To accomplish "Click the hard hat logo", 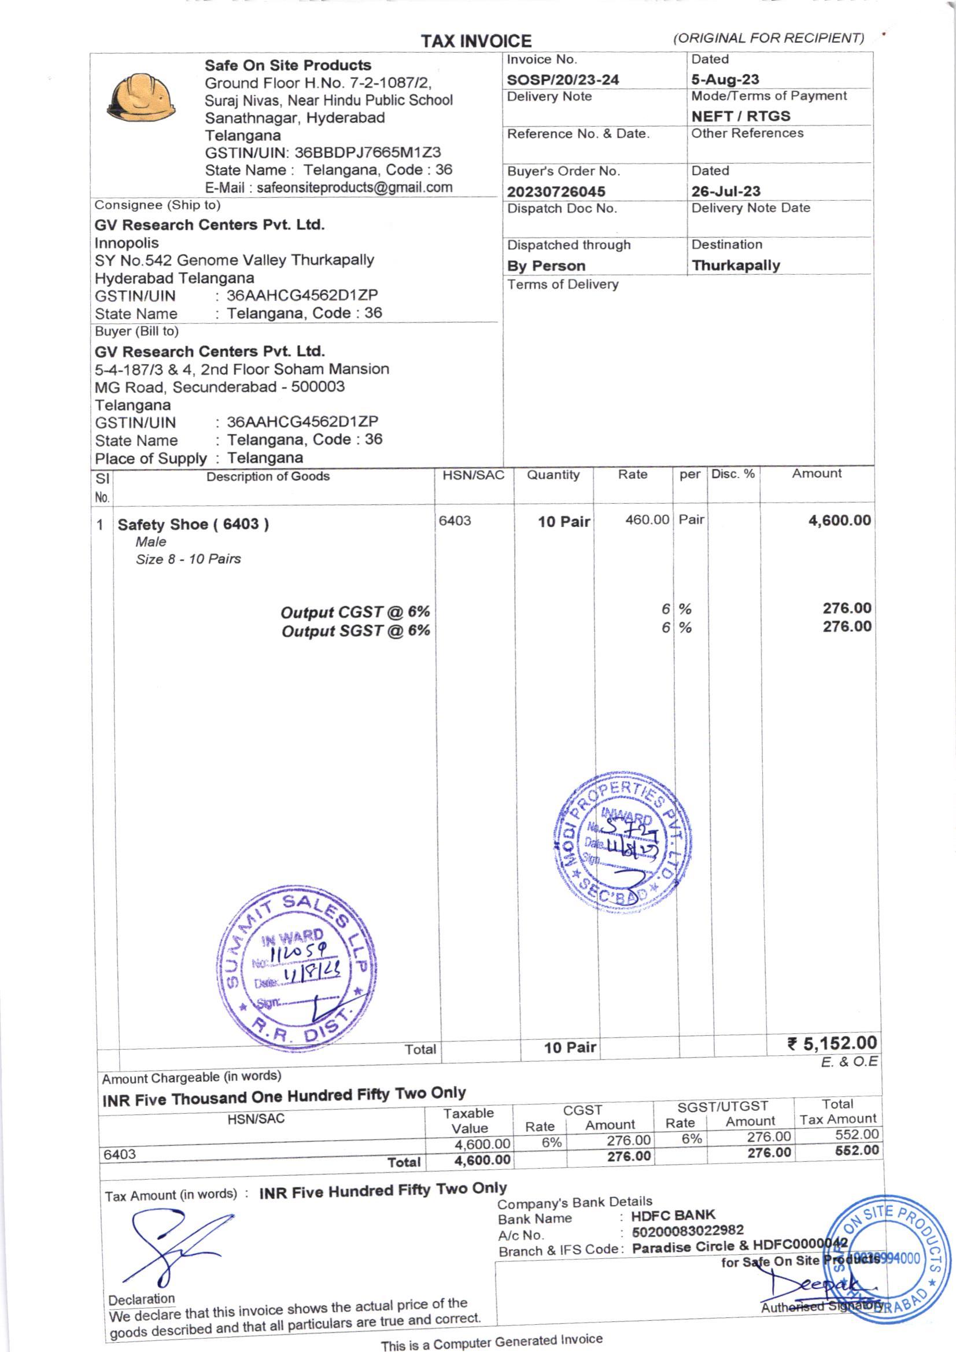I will (141, 98).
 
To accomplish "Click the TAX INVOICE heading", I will (476, 40).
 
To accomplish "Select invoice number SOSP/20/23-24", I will (563, 79).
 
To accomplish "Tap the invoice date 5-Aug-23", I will (725, 79).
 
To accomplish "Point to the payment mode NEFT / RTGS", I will (740, 116).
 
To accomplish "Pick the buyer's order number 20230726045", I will (556, 191).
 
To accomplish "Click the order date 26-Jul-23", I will (725, 191).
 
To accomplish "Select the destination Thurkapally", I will (735, 265).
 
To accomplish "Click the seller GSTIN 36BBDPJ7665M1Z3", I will (367, 153).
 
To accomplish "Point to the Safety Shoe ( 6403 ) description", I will (193, 524).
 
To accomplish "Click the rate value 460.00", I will (647, 520).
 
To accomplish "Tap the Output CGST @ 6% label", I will (355, 612).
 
